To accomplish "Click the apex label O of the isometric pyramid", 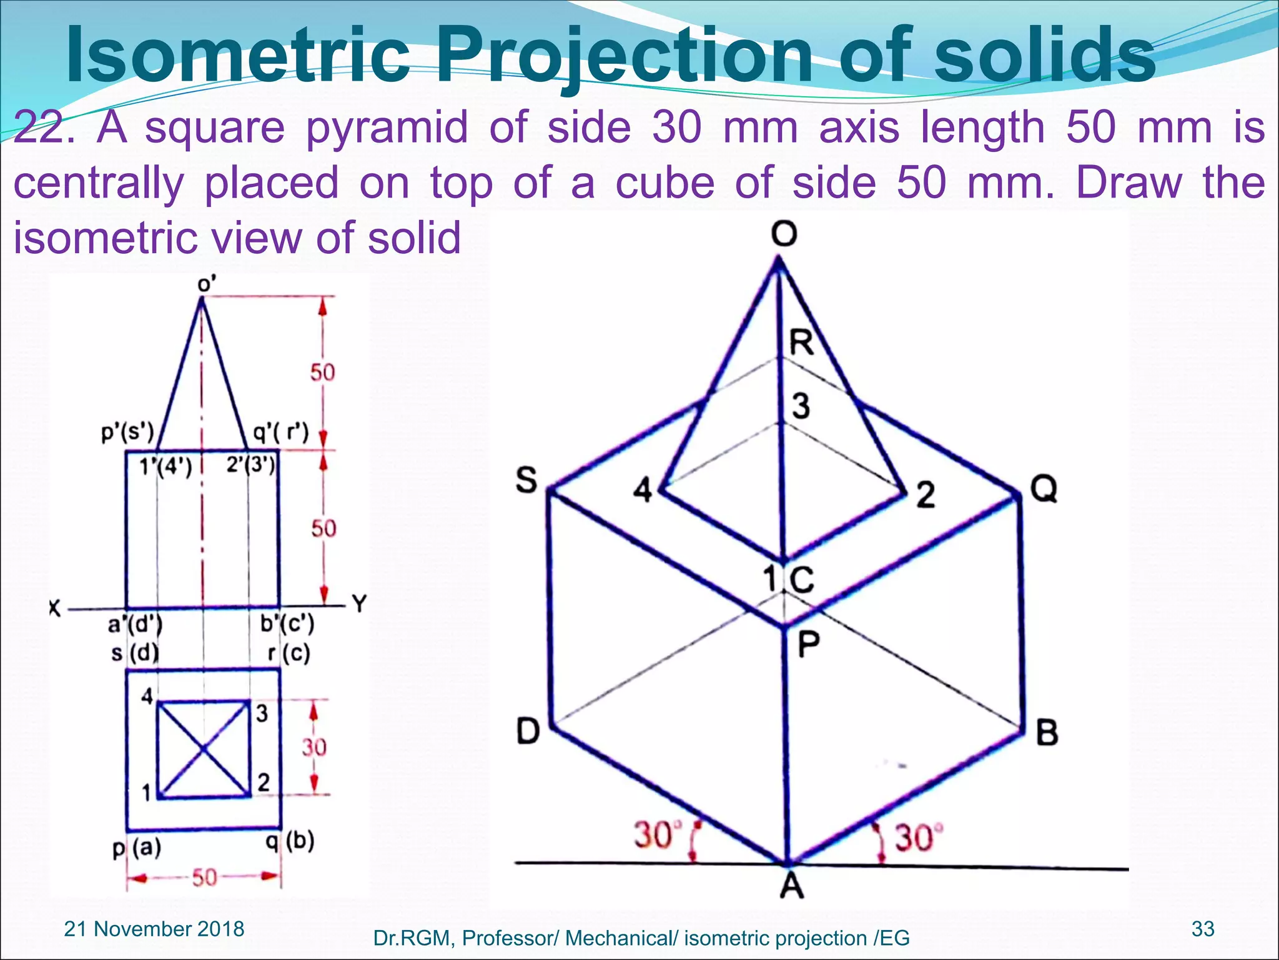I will click(784, 235).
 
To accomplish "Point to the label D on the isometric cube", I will click(528, 731).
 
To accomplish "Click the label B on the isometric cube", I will click(1047, 732).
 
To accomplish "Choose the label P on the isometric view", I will click(809, 644).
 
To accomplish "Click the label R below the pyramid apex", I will click(802, 342).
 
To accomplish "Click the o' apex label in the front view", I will click(207, 284).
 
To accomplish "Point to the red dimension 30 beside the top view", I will click(314, 747).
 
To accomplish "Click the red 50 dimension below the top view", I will click(204, 878).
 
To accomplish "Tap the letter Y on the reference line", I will click(359, 604).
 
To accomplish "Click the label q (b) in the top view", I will click(290, 842).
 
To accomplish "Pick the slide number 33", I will click(1203, 929).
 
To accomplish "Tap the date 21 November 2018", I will click(154, 929).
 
